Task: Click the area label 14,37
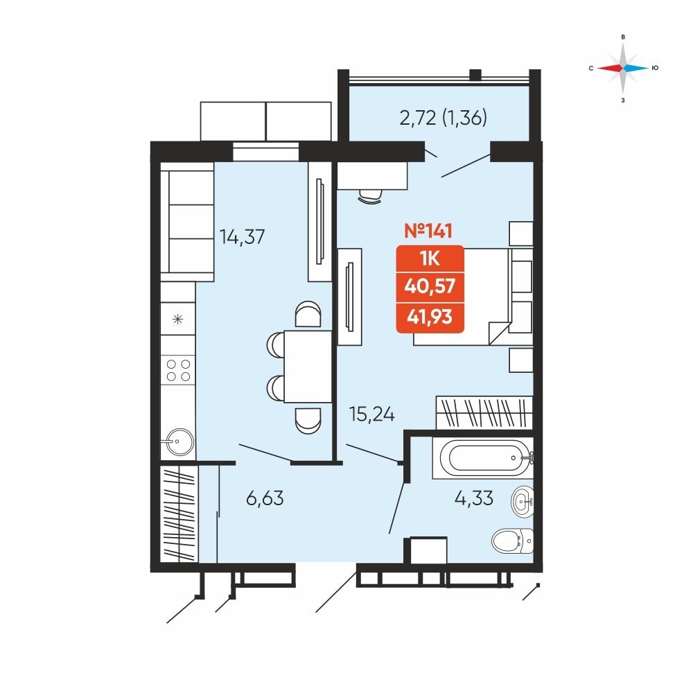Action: tap(242, 237)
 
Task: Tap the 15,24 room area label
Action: tap(371, 414)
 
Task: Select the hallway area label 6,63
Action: tap(265, 498)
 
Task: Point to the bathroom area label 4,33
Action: tap(474, 498)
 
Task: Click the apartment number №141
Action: tap(428, 231)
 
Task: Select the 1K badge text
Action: tap(430, 258)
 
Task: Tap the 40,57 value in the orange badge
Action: tap(430, 286)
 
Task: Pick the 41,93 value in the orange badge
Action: tap(430, 317)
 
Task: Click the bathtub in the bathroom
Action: tap(483, 458)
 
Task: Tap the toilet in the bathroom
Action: tap(513, 540)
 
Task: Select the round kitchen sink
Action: tap(177, 441)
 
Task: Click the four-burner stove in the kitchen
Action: tap(178, 370)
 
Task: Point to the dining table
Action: tap(308, 367)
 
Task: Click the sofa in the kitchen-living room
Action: tap(187, 222)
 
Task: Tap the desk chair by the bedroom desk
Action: tap(370, 196)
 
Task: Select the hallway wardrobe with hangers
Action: tap(179, 514)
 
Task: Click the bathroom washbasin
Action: tap(523, 502)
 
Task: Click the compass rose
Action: tap(623, 68)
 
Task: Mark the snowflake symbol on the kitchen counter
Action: tap(177, 319)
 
